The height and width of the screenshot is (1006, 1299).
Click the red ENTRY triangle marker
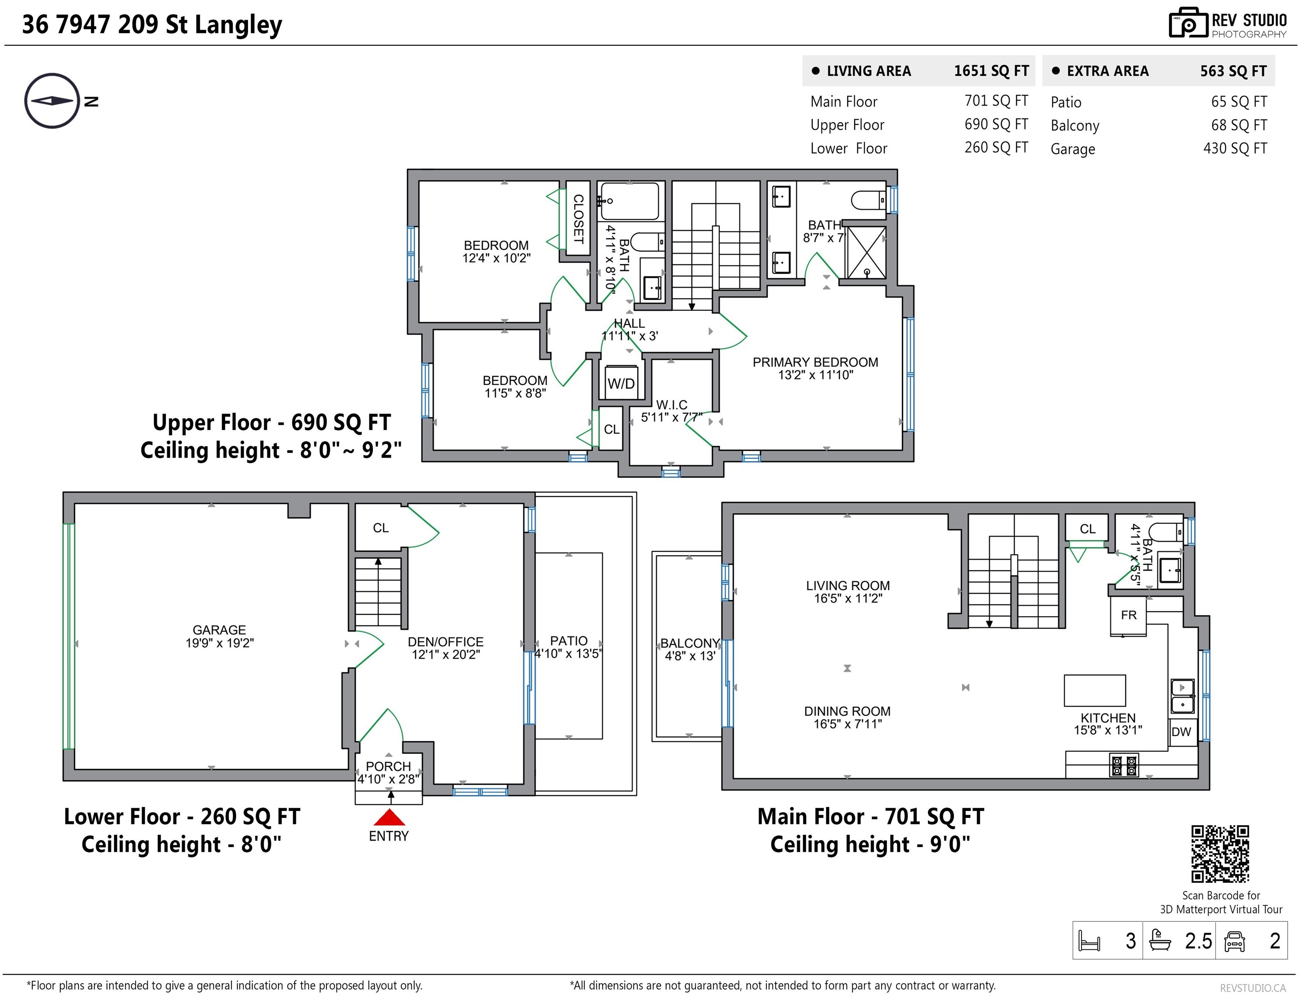pos(389,817)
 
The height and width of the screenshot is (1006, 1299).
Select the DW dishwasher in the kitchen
pos(1181,731)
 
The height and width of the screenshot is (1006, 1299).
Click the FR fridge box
pos(1128,615)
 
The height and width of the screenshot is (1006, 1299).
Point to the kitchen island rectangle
pos(1094,690)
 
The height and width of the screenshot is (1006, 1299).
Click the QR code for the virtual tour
pos(1220,854)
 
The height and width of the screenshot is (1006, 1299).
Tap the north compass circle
pos(52,100)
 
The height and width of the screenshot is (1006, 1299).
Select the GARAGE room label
pos(219,630)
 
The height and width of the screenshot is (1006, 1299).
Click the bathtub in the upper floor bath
pos(630,202)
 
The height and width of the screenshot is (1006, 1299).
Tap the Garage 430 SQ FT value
pos(1235,148)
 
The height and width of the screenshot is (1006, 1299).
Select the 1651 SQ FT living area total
pos(992,71)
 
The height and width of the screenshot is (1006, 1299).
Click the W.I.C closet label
pos(671,405)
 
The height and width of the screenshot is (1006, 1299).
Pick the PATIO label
pos(569,641)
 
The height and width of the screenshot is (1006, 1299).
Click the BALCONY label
pos(690,643)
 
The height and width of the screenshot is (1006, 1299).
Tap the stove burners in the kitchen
pos(1124,765)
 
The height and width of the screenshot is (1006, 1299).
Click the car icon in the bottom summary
pos(1235,941)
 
